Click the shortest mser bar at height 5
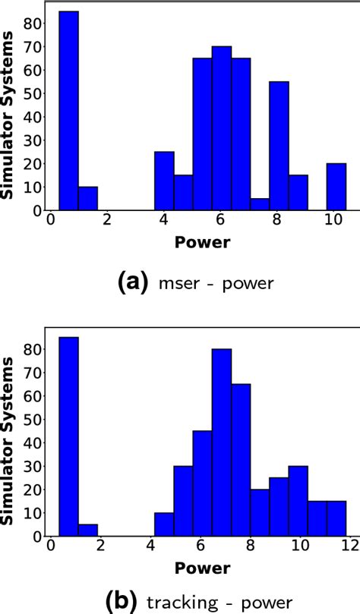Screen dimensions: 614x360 (x=260, y=205)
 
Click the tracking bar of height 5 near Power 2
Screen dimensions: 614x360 (x=88, y=529)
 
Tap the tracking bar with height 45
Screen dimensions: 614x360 (x=202, y=483)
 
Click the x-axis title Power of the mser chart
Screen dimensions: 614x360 (x=203, y=244)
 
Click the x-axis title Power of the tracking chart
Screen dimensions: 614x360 (x=203, y=566)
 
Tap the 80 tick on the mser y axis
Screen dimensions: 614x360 (x=34, y=23)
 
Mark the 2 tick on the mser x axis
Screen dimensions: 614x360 (x=107, y=221)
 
